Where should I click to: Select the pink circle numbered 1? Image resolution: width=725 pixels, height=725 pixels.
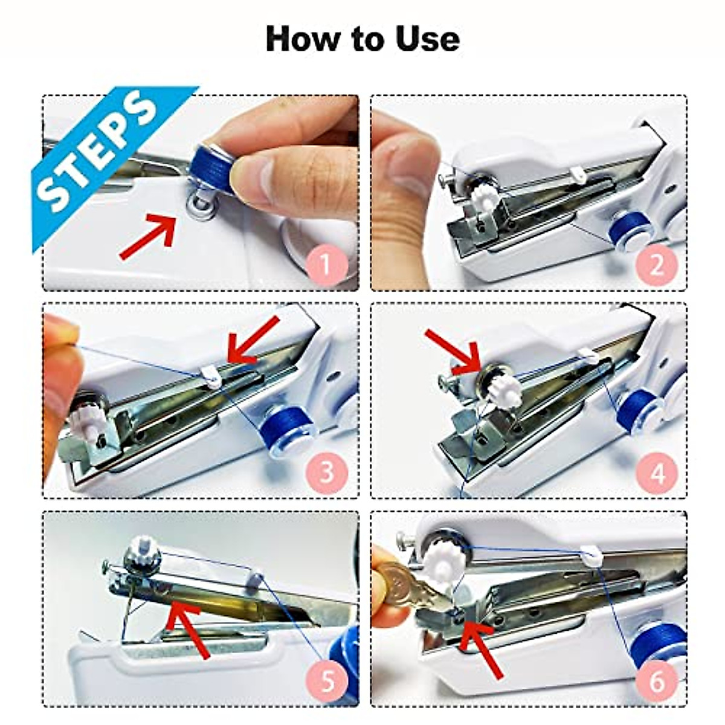tap(326, 264)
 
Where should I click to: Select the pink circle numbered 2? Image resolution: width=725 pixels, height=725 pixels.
tap(656, 264)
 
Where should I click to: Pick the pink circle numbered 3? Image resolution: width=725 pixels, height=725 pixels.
tap(326, 472)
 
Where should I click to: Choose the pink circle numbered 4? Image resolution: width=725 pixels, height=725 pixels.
tap(656, 472)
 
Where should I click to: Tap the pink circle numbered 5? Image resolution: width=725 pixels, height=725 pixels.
tap(326, 681)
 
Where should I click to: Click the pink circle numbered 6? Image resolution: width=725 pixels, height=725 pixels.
tap(656, 681)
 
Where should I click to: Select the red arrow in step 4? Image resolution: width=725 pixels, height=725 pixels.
tap(453, 350)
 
